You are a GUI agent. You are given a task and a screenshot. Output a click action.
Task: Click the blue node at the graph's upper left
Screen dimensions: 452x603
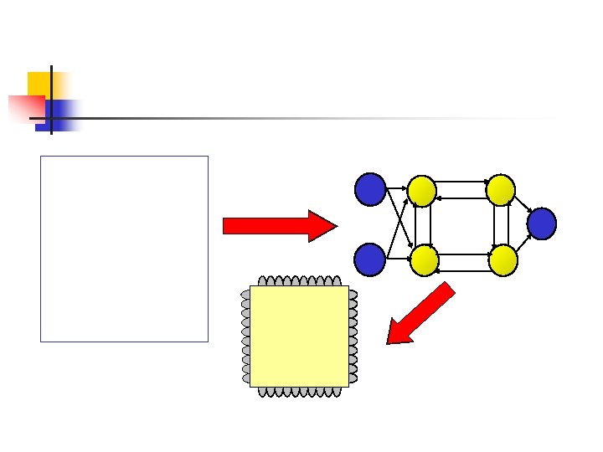point(369,189)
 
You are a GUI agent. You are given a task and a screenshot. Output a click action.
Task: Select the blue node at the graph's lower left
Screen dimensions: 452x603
point(369,259)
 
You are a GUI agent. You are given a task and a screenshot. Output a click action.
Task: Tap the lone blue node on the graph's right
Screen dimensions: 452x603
point(542,223)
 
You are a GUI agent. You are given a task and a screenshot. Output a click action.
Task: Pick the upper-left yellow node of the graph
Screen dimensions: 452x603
point(422,191)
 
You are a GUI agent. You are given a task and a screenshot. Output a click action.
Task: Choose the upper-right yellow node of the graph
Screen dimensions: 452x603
point(501,191)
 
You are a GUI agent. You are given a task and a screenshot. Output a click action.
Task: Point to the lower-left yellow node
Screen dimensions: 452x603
point(422,260)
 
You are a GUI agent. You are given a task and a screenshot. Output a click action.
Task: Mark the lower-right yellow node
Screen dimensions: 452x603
point(502,260)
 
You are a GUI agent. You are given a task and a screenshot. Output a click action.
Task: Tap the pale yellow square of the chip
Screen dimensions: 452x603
point(299,336)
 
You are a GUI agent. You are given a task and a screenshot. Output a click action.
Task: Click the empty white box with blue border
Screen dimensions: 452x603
point(124,249)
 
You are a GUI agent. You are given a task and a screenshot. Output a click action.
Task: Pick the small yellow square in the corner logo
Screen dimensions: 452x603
point(39,83)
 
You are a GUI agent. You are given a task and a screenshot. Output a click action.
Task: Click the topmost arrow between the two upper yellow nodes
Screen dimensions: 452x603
point(461,181)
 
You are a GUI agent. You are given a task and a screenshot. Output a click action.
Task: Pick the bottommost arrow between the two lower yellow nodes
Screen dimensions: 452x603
point(461,270)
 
